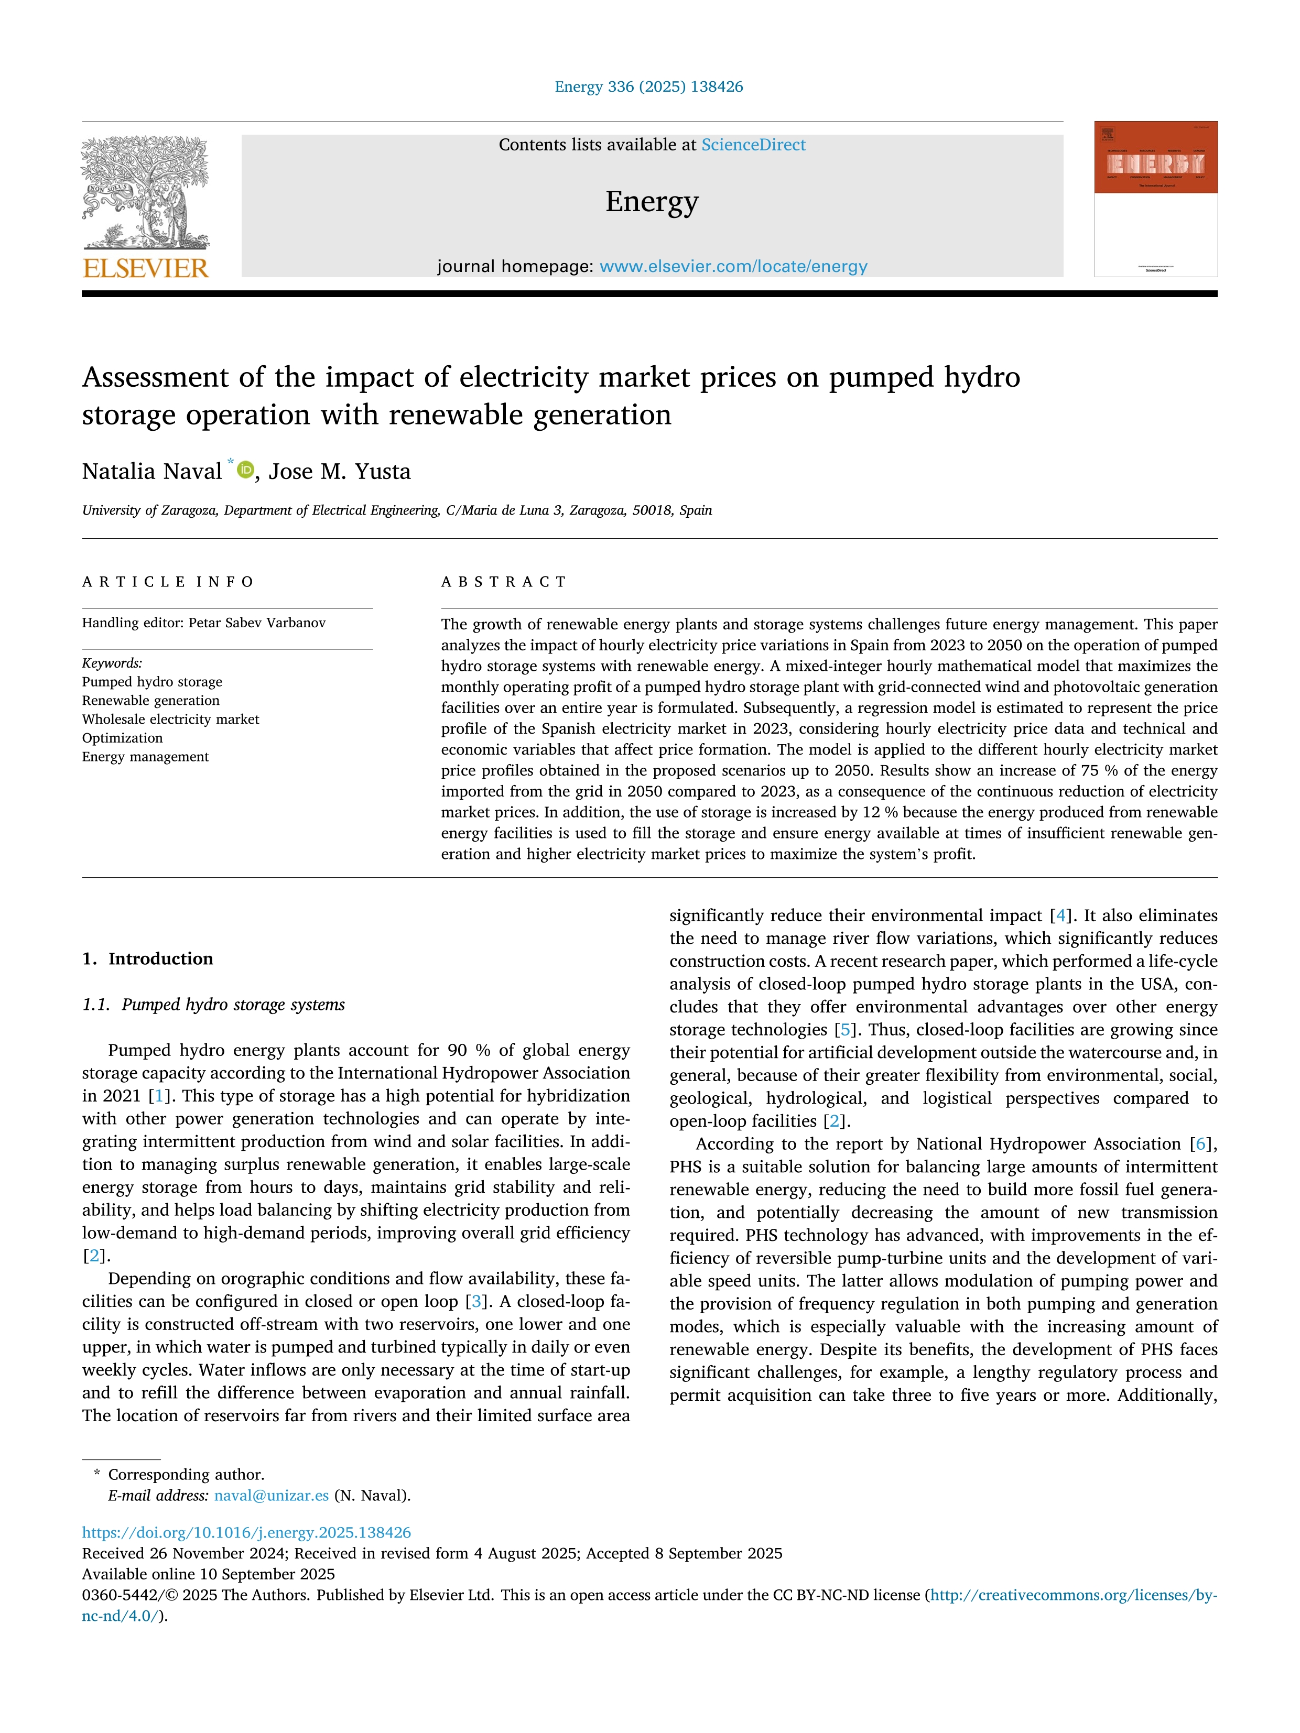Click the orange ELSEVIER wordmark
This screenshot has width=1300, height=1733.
pyautogui.click(x=146, y=269)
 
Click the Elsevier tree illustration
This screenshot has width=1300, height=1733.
pyautogui.click(x=146, y=192)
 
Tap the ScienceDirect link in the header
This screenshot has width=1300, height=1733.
pyautogui.click(x=753, y=145)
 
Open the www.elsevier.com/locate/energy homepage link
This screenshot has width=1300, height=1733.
pyautogui.click(x=733, y=266)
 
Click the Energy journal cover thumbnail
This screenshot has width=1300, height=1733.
pyautogui.click(x=1156, y=199)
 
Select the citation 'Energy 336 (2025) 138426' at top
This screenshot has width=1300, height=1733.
pyautogui.click(x=649, y=87)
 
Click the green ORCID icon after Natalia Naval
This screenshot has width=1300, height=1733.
pyautogui.click(x=246, y=470)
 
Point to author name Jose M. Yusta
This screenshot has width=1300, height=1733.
pyautogui.click(x=339, y=472)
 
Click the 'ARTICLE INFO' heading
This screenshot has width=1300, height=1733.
pyautogui.click(x=168, y=581)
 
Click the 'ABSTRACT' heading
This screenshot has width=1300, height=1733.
pyautogui.click(x=504, y=581)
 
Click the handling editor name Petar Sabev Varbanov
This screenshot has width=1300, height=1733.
pyautogui.click(x=257, y=623)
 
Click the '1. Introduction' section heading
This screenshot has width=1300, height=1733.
pyautogui.click(x=147, y=959)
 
